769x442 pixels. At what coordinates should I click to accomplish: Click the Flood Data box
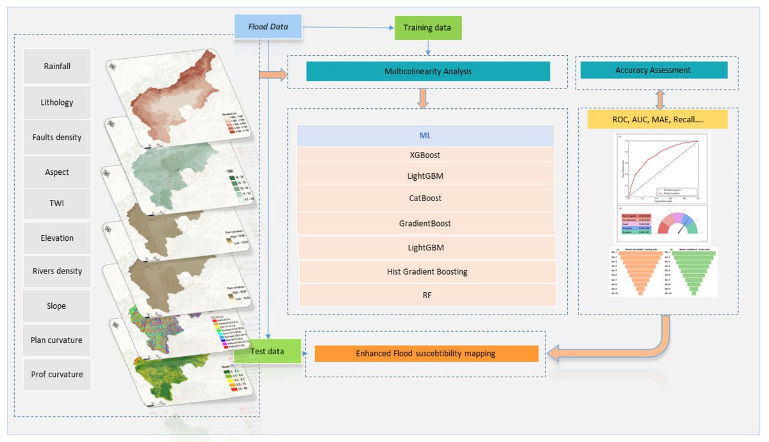click(268, 28)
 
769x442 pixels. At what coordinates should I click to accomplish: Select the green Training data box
click(427, 28)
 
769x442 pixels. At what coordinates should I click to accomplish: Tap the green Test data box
click(268, 352)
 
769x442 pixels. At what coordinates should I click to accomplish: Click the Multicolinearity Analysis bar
click(428, 71)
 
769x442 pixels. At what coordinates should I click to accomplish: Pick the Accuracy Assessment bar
click(653, 70)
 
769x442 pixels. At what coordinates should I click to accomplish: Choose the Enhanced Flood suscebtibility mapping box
click(426, 354)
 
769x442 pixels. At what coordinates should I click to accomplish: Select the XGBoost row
click(426, 155)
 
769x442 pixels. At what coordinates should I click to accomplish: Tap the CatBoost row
click(426, 198)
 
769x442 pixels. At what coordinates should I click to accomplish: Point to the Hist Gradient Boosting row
click(427, 272)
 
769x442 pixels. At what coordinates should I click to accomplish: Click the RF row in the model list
click(427, 295)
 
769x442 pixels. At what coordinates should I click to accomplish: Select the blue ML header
click(426, 135)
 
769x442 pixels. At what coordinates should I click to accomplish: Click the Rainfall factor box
click(57, 66)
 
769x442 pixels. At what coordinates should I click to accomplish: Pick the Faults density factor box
click(57, 137)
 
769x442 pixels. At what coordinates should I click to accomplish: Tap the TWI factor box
click(57, 204)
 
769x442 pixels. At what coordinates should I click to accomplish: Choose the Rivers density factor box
click(57, 271)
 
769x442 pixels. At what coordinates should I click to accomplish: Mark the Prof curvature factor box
click(57, 374)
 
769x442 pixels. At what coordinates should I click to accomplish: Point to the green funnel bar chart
click(691, 270)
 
